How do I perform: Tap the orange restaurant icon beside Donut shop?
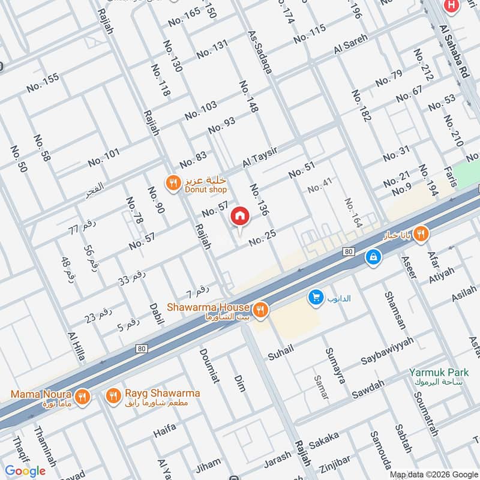(173, 183)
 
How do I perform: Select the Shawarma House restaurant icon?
(260, 310)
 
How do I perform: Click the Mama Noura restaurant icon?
(82, 397)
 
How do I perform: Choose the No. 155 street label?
(43, 83)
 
